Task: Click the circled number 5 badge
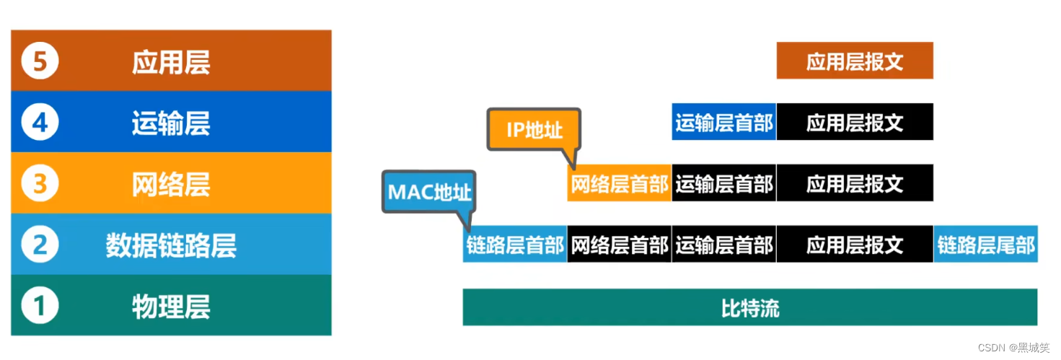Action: pyautogui.click(x=40, y=61)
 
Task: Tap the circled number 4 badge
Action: pyautogui.click(x=40, y=123)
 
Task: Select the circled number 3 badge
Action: pyautogui.click(x=40, y=184)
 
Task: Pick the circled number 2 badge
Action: pyautogui.click(x=40, y=245)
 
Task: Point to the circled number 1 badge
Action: pyautogui.click(x=40, y=307)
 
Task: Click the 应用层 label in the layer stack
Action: pyautogui.click(x=171, y=62)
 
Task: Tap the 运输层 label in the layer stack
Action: pyautogui.click(x=171, y=123)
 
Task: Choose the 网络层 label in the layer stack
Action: pyautogui.click(x=171, y=185)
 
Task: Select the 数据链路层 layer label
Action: pyautogui.click(x=171, y=246)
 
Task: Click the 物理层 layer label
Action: pyautogui.click(x=171, y=307)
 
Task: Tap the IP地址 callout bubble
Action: pyautogui.click(x=534, y=130)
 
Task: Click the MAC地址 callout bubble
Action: pyautogui.click(x=429, y=192)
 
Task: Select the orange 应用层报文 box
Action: pyautogui.click(x=855, y=61)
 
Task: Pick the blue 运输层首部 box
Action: pyautogui.click(x=723, y=122)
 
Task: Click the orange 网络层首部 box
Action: pyautogui.click(x=620, y=183)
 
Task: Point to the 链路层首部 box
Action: pyautogui.click(x=515, y=245)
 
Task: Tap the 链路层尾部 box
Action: pyautogui.click(x=985, y=245)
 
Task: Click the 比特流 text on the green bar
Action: pyautogui.click(x=750, y=308)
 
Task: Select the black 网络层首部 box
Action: pyautogui.click(x=620, y=245)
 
